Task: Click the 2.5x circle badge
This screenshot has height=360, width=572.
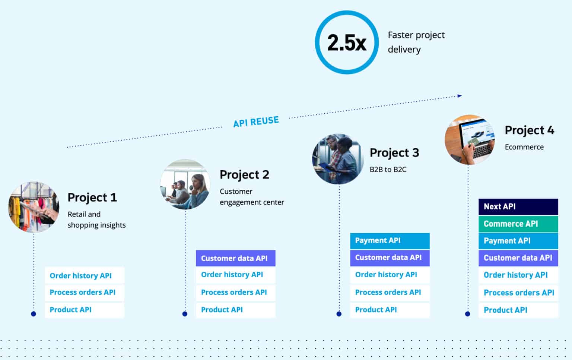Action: (346, 42)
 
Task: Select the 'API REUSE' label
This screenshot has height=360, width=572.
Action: (256, 121)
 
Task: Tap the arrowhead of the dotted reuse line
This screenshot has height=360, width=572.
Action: (460, 96)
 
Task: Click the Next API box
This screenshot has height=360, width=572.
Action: (518, 206)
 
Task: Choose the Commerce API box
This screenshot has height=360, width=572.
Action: (518, 224)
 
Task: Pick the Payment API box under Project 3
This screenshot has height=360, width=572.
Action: (390, 240)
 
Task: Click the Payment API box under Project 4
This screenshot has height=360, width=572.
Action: (518, 241)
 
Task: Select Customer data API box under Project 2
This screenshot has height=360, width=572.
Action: (235, 258)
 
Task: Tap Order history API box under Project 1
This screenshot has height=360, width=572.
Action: (84, 275)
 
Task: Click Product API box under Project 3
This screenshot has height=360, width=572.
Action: (390, 310)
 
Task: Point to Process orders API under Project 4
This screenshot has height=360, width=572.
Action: (518, 293)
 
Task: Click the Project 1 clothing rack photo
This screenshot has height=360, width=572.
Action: (34, 207)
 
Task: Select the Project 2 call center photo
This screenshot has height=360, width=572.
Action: (185, 184)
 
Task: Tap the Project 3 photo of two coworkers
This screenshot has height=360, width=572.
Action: (338, 159)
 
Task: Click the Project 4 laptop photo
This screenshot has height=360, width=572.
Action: (470, 140)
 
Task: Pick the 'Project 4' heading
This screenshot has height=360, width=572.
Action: (529, 130)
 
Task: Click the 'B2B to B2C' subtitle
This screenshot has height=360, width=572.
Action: (388, 170)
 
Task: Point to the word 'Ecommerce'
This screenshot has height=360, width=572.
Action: (524, 147)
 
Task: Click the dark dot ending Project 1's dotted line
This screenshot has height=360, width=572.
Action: (34, 314)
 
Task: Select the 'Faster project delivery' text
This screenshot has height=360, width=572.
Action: (416, 42)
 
